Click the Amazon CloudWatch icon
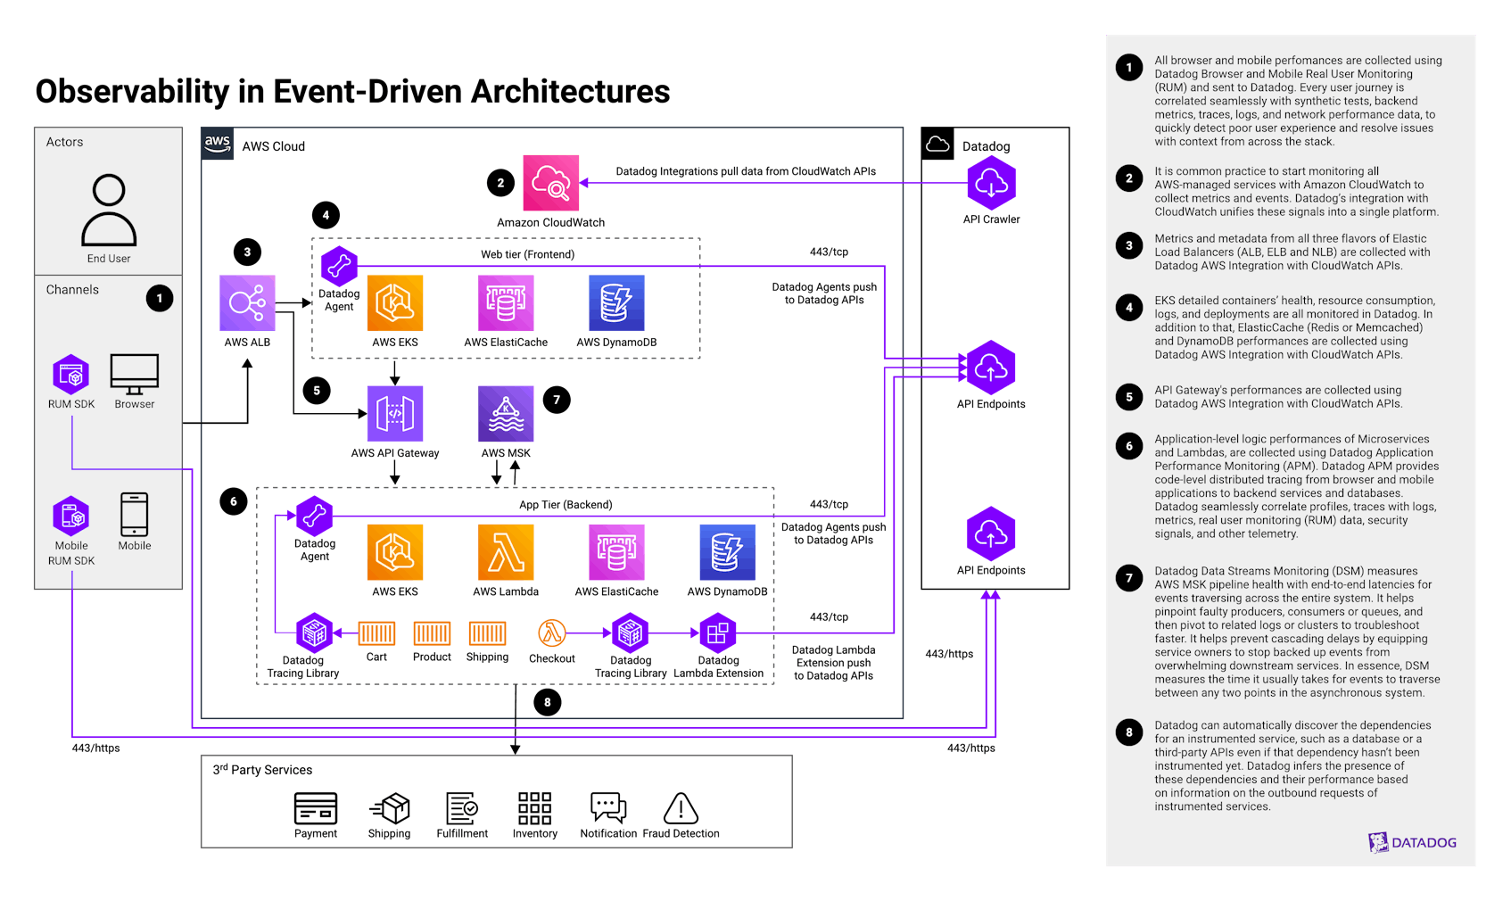(550, 183)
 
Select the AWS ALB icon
(247, 302)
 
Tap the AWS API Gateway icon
(395, 414)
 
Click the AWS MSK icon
(506, 414)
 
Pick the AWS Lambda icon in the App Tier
(506, 552)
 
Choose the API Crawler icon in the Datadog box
(991, 183)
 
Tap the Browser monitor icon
(135, 374)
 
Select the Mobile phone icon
(135, 515)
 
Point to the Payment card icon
(316, 809)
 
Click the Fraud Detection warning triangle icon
(681, 809)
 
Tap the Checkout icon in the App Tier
(552, 633)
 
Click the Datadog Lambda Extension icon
(717, 633)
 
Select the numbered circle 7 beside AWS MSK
(557, 400)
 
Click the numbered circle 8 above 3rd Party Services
(548, 702)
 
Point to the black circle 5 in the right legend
(1129, 397)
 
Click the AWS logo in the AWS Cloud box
(218, 144)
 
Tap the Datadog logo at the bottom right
(1412, 842)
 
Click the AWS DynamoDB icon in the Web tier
(616, 303)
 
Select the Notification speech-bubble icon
(608, 808)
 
